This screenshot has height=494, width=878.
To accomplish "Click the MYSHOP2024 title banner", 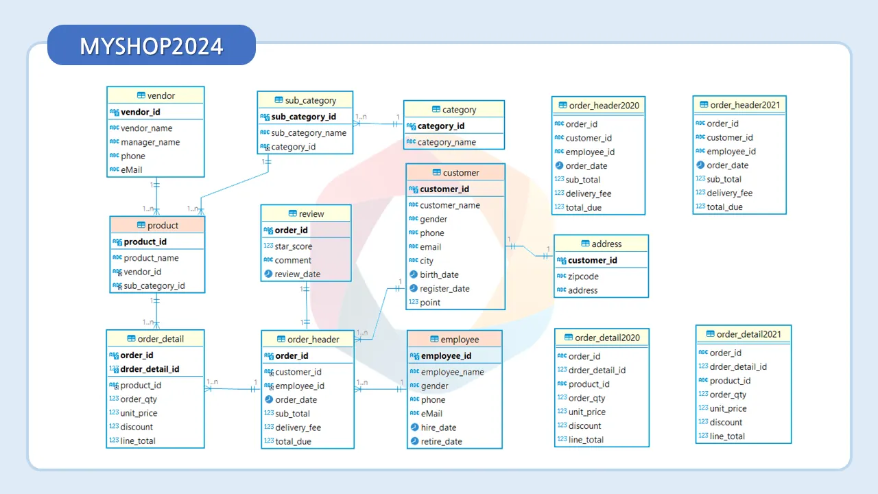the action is coord(151,46).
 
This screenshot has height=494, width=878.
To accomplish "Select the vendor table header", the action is coord(156,95).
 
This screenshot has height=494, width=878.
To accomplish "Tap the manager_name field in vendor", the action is coord(150,142).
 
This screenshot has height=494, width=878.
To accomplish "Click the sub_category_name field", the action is coord(309,133).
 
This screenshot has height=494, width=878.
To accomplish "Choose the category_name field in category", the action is coord(447,142).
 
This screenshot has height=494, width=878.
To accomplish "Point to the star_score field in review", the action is coord(294,246).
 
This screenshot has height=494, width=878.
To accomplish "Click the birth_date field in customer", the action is coord(439,274).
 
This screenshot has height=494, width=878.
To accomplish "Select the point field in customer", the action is coord(430,302).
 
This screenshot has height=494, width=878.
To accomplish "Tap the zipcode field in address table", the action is coord(583,277).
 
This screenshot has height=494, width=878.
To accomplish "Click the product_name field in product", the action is coord(151,258).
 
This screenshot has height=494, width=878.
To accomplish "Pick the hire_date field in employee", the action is coord(438,427).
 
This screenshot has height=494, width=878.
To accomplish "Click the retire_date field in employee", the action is coord(441,441).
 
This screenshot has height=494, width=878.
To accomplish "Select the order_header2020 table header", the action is coord(599,105).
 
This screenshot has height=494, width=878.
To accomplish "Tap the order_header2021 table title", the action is coord(739,105).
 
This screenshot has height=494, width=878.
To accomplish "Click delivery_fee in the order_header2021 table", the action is coord(729,193).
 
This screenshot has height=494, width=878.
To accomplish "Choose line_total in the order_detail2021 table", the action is coord(727,436).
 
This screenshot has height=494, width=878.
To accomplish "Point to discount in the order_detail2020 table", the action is coord(585,425).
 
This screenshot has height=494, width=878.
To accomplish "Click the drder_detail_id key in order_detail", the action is coord(150,369).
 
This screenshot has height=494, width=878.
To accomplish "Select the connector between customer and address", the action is coord(530,250).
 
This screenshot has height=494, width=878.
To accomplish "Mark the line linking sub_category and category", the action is coord(378,123).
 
